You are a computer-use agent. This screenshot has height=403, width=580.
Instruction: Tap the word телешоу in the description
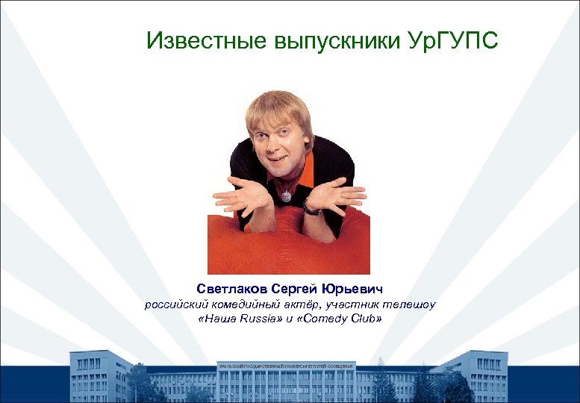click(410, 304)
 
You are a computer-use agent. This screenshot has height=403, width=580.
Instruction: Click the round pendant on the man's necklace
click(285, 196)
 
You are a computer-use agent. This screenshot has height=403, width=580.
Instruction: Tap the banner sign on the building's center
click(287, 366)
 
